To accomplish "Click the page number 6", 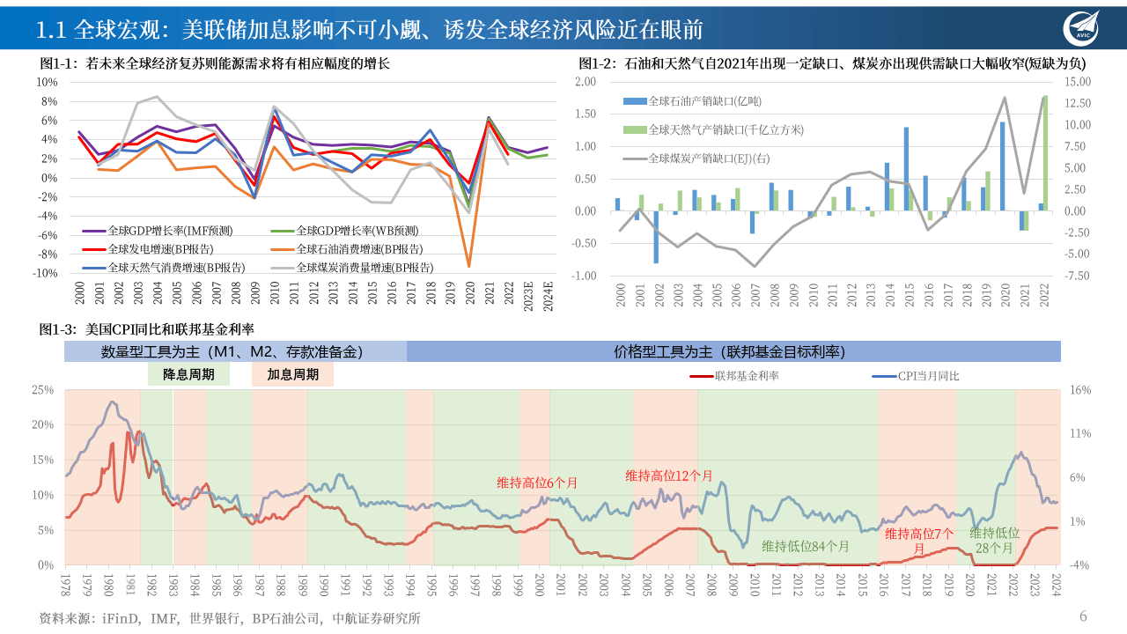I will (x=1084, y=616).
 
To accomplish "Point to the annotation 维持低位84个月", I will (x=805, y=546).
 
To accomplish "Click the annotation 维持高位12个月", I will (x=669, y=475).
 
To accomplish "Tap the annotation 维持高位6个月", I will (x=537, y=483).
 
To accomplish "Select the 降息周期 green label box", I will (x=188, y=374).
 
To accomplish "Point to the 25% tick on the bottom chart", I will (x=43, y=389).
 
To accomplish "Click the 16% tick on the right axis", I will (x=1080, y=389).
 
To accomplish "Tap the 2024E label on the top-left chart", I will (x=547, y=291).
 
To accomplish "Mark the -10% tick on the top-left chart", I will (x=46, y=273).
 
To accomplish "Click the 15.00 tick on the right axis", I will (x=1078, y=81).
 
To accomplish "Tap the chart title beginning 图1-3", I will (x=147, y=329).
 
